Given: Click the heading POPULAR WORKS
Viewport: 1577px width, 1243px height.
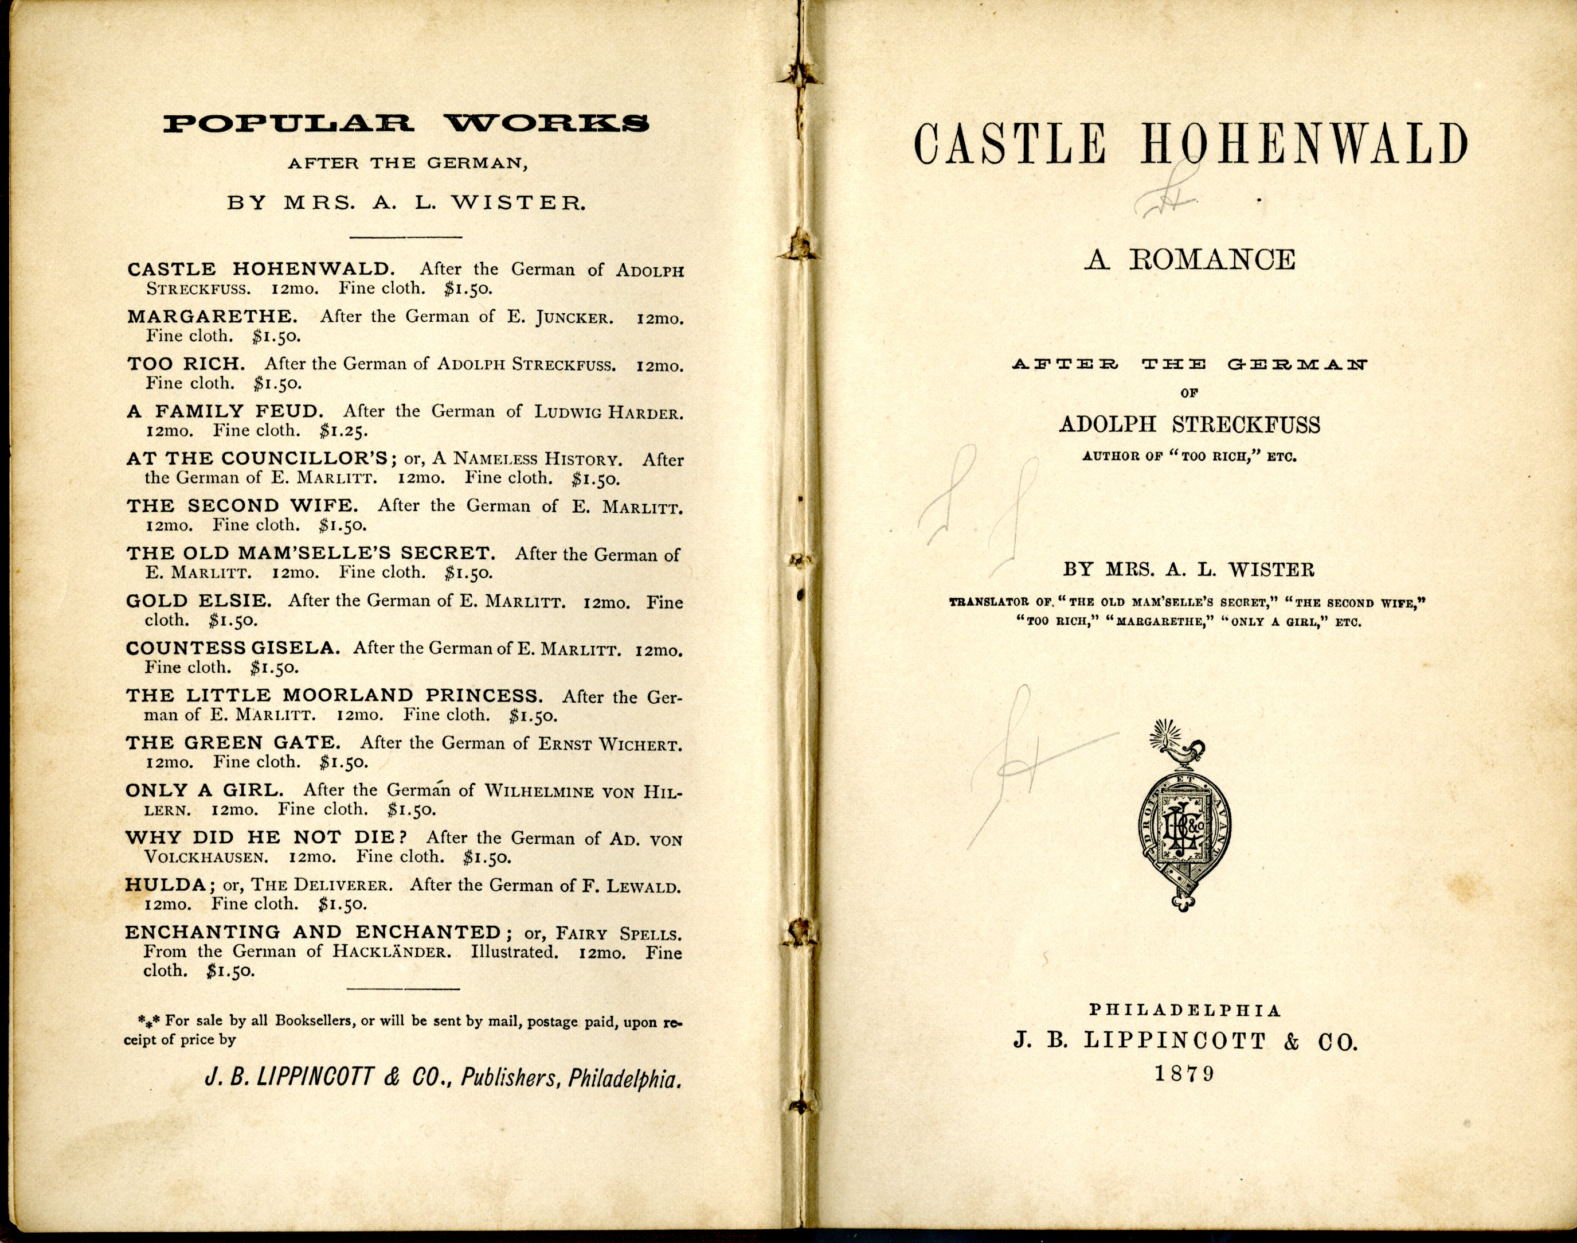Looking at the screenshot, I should [x=405, y=123].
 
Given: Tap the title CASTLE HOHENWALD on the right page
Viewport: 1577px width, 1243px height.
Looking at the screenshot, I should [x=1190, y=145].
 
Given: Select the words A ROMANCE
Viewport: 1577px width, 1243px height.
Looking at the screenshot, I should [x=1189, y=260].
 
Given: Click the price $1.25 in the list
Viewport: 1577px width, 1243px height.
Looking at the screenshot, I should [x=343, y=431].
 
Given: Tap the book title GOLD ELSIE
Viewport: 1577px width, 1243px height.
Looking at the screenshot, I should [x=198, y=601].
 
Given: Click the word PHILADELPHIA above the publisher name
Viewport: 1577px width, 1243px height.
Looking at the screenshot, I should [x=1185, y=1010].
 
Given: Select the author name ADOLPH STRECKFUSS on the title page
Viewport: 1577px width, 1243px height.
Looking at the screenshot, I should [x=1189, y=425].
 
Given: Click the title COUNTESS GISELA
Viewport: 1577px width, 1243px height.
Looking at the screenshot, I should [x=232, y=648].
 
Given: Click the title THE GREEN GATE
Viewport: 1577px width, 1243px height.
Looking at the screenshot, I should [x=233, y=743].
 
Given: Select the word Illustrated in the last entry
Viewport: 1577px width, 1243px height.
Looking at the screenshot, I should [x=514, y=952].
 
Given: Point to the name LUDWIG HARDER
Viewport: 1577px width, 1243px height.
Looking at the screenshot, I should [x=609, y=412].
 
